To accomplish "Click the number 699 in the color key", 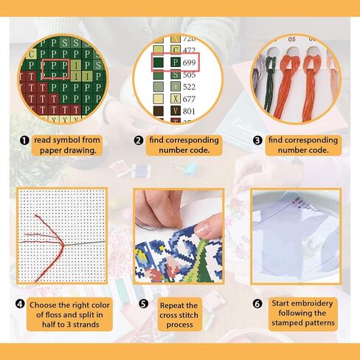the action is point(189,63).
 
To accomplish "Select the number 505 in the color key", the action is point(189,75).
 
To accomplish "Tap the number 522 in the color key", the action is point(189,87).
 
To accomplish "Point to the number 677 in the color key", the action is point(189,99).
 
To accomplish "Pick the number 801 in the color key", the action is point(189,111).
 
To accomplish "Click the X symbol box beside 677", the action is point(176,99).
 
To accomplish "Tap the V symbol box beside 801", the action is point(176,111).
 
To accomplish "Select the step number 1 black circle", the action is point(24,141).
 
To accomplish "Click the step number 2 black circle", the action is point(139,141).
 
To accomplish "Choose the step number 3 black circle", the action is point(257,141).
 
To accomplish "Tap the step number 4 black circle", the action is point(20,304).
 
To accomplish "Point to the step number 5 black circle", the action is point(143,304).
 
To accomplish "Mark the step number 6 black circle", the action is point(257,304).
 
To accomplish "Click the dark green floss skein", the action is point(269,83).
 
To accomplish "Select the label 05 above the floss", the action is point(291,39).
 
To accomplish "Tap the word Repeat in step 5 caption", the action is point(172,305).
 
